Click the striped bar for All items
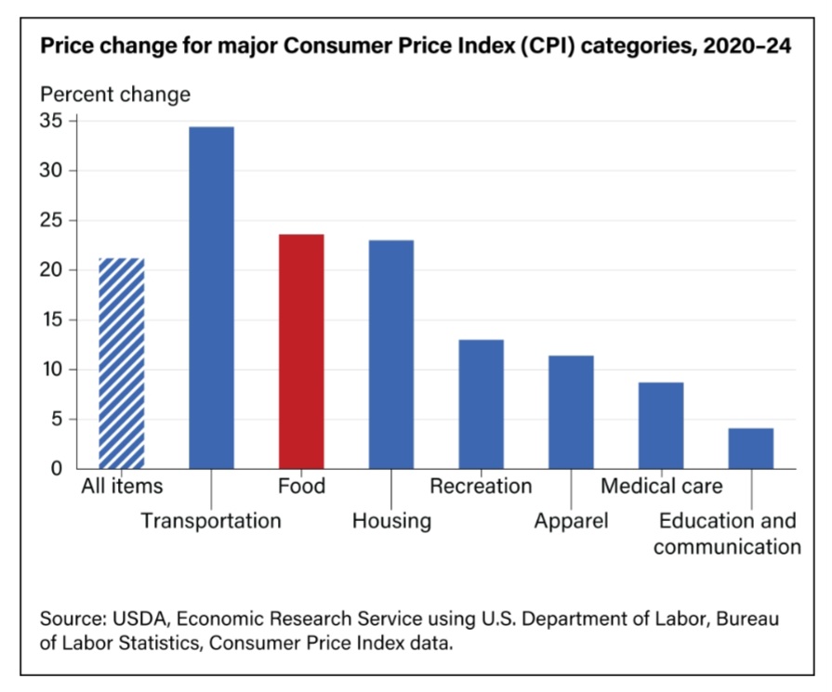coord(121,363)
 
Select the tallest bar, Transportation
coord(211,297)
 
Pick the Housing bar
coord(391,354)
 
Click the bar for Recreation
coord(482,404)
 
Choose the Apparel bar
coord(571,411)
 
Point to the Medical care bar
coord(661,425)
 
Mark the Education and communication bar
coord(751,449)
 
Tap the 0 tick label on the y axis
coord(57,469)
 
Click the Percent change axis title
coord(114,94)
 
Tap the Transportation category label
coord(211,520)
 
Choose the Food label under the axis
coord(301,486)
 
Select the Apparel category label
coord(571,520)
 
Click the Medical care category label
coord(661,486)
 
